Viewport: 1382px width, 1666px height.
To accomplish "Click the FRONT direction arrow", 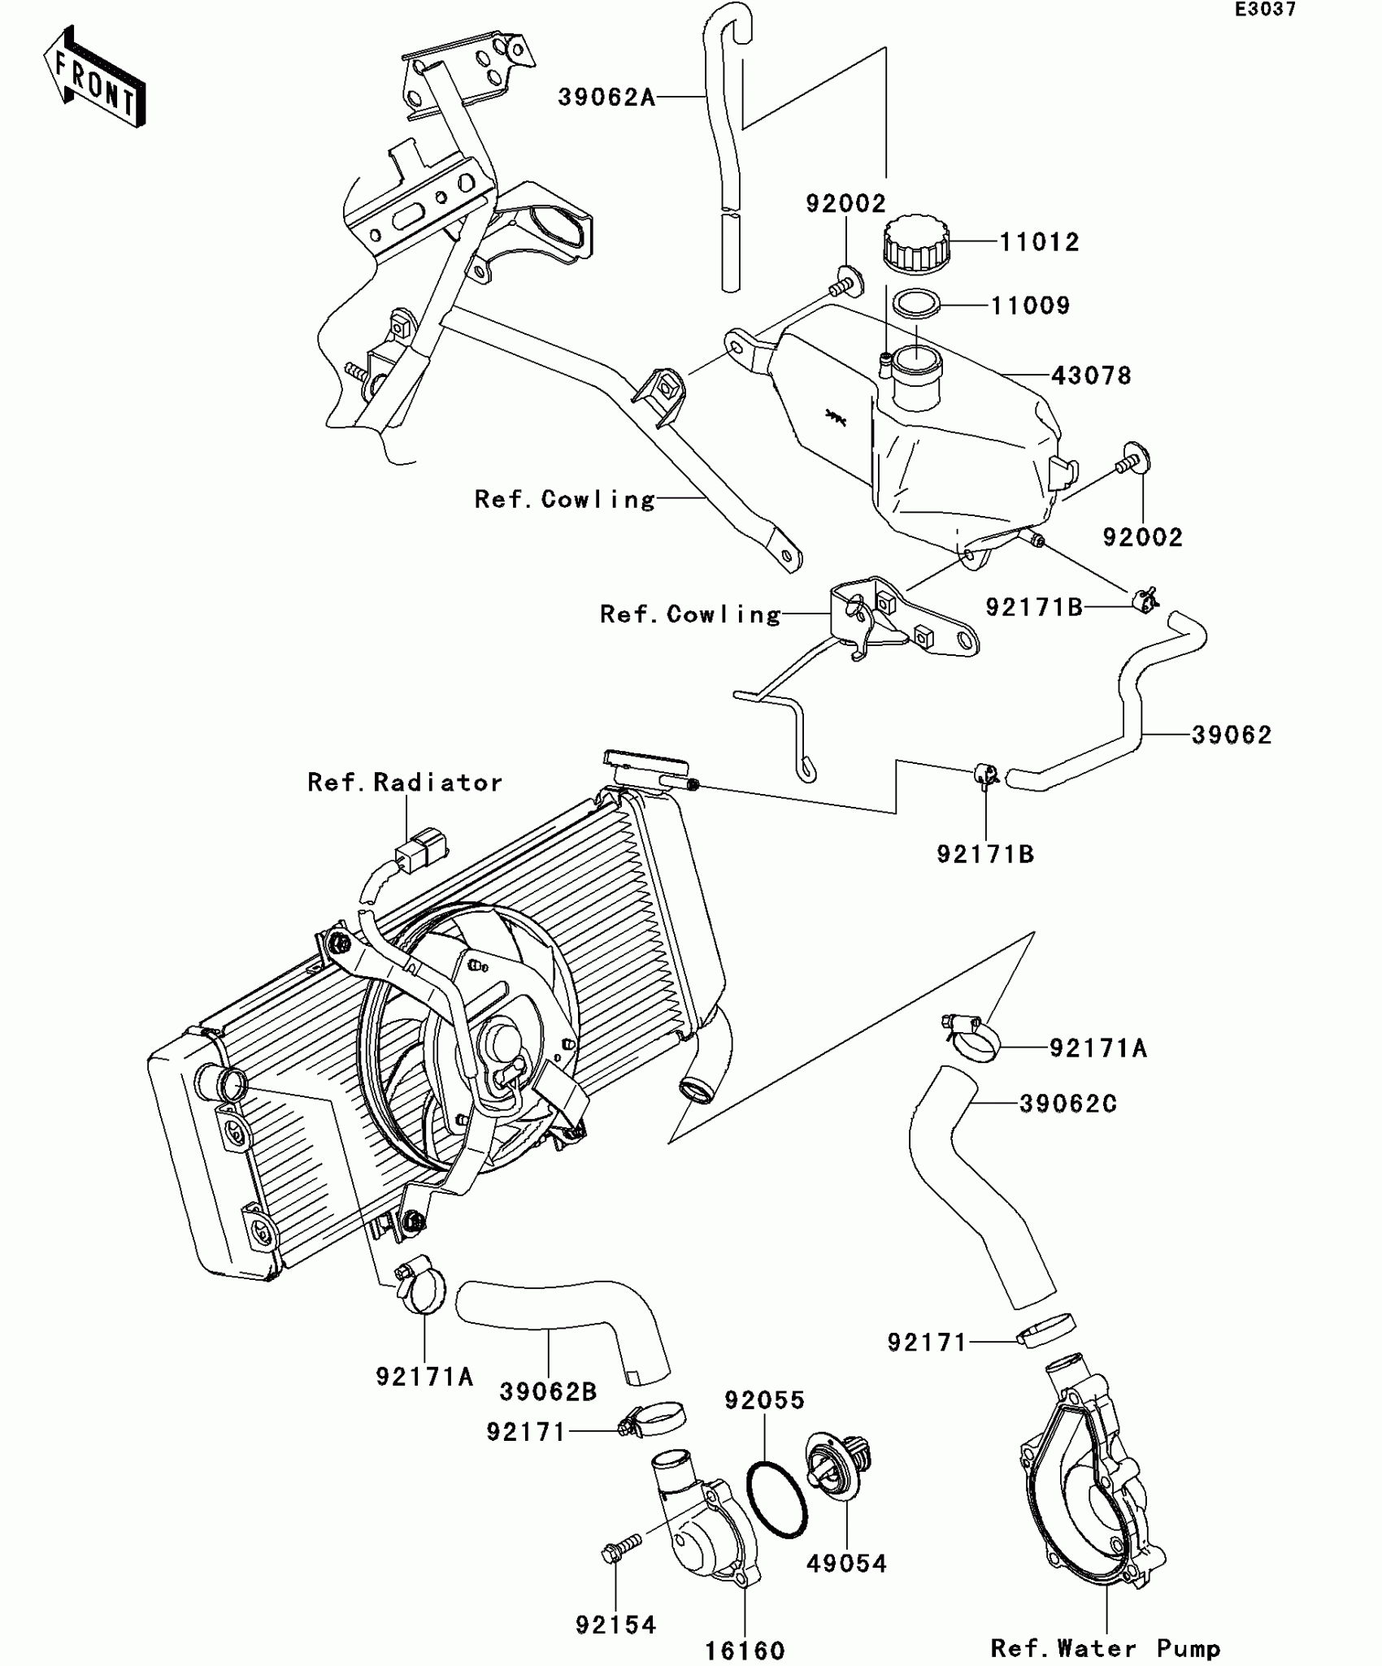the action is click(95, 79).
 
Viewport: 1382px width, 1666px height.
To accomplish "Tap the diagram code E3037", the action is click(1266, 10).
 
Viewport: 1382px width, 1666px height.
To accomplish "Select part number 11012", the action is click(1039, 242).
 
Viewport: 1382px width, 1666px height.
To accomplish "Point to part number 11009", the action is click(1031, 306).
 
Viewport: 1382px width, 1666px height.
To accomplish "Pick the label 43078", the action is click(1091, 375).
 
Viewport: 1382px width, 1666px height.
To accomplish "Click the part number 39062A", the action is click(606, 98).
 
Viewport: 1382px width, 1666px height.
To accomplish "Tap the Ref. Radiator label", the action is click(405, 783).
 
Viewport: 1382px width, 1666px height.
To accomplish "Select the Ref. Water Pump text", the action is click(1106, 1649).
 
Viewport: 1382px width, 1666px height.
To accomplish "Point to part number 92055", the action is click(764, 1400).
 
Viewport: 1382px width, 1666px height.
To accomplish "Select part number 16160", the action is click(745, 1651).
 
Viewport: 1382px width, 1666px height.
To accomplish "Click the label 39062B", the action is click(548, 1392).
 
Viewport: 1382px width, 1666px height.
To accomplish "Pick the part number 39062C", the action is click(1068, 1104).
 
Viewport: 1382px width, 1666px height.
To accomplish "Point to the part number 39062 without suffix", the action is click(1231, 735).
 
